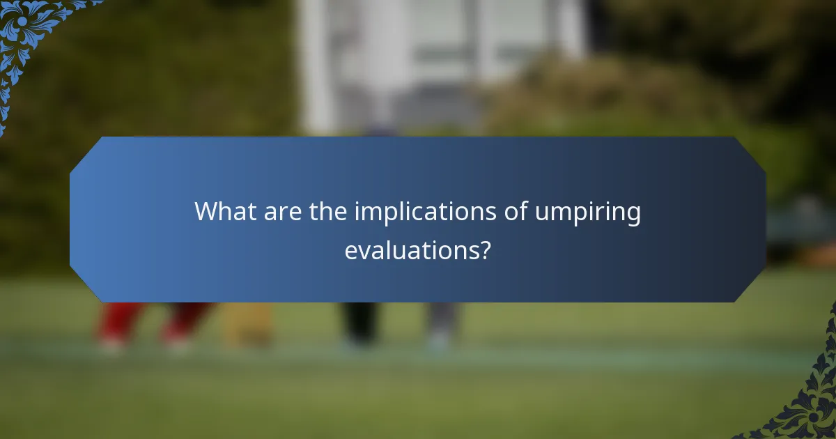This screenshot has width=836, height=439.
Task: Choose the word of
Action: coord(516,211)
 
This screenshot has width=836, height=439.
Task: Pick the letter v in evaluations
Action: coord(364,250)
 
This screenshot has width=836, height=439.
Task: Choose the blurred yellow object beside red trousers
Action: coord(247,324)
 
